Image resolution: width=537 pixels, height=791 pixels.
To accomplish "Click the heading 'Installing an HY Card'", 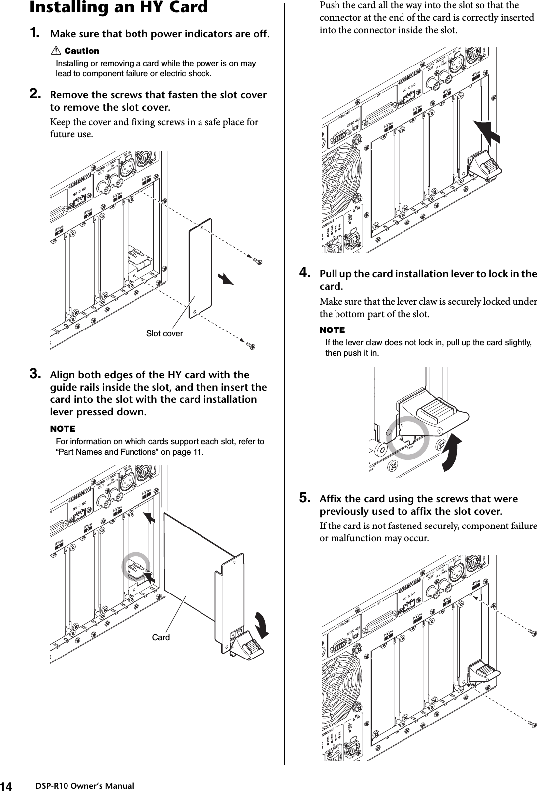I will coord(119,8).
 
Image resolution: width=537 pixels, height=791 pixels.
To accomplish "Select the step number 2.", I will coord(35,94).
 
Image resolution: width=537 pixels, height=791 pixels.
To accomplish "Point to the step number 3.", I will coord(35,374).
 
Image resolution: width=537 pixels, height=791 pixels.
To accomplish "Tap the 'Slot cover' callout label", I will coord(164,334).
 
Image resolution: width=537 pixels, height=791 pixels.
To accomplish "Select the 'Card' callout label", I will coord(161,637).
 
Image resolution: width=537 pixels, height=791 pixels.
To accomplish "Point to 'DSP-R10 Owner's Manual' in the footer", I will coord(85,786).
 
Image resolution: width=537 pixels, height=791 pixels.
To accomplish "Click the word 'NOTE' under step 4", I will coord(332,330).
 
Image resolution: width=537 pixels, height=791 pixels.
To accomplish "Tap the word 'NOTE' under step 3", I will coord(63,428).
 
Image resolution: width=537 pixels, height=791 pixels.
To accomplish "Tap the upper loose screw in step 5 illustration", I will coord(532,632).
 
